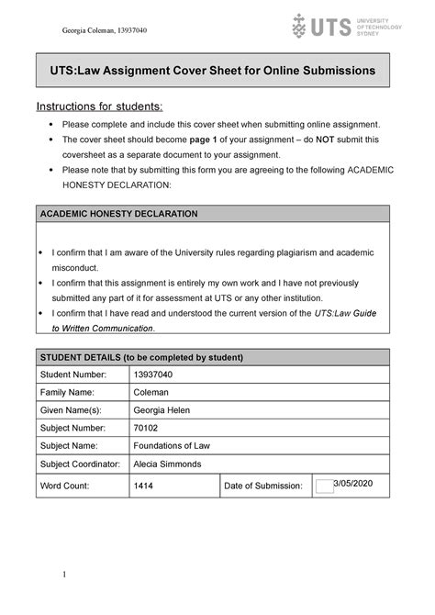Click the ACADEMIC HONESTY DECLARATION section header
(118, 214)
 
